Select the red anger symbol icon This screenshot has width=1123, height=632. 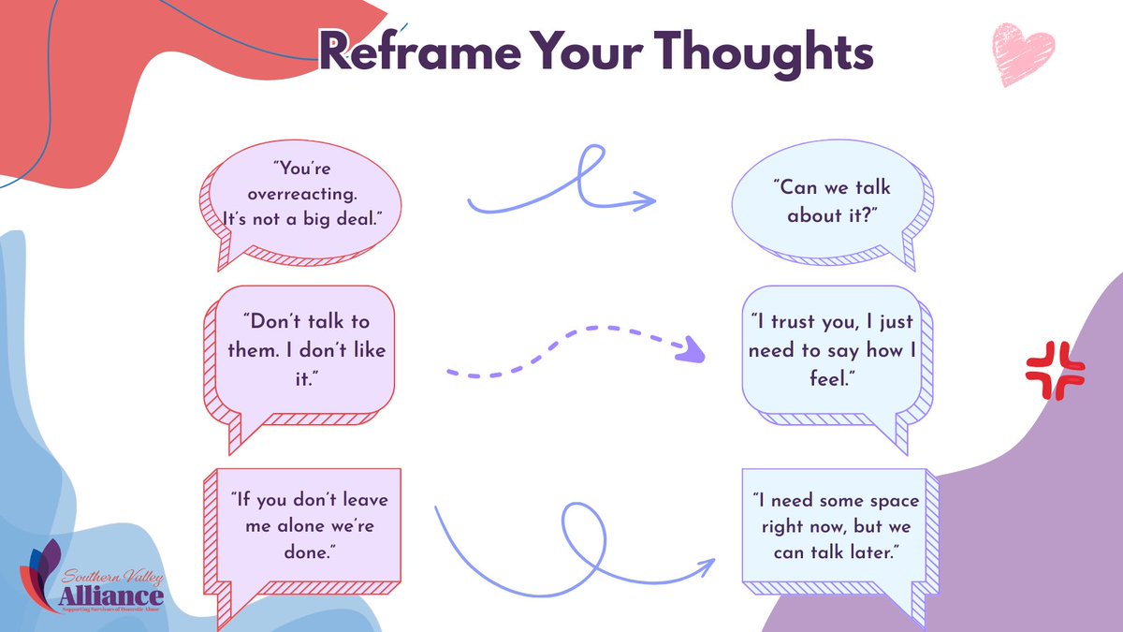1055,371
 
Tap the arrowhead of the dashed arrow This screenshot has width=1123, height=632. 693,350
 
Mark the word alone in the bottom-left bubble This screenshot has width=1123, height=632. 300,526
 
